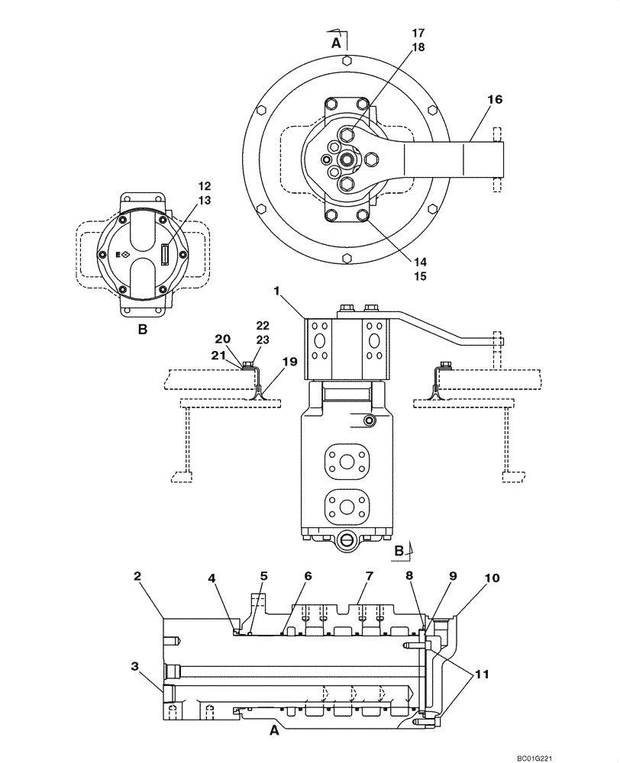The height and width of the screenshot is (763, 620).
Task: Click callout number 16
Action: [495, 99]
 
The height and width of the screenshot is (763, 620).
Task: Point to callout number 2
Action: [138, 578]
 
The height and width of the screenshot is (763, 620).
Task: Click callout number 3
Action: [135, 666]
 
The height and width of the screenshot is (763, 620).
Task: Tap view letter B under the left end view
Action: [141, 330]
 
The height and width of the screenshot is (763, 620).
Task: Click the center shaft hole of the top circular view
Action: [347, 159]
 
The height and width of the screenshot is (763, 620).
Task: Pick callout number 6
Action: [308, 578]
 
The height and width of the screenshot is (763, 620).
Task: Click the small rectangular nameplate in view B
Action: [165, 253]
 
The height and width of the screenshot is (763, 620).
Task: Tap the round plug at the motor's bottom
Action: [347, 542]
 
